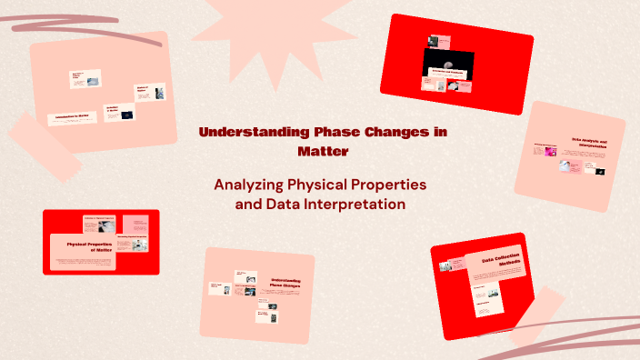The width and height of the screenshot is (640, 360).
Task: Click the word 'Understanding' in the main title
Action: click(245, 132)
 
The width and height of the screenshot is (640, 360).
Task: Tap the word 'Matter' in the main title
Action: click(322, 150)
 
